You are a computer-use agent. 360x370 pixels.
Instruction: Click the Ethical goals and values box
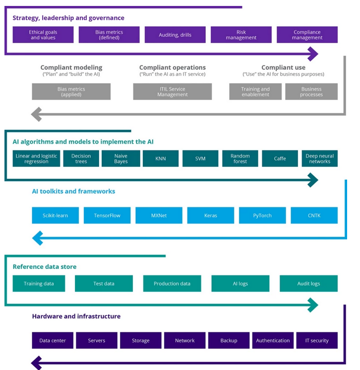(x=43, y=35)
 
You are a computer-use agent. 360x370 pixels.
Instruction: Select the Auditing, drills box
(x=175, y=35)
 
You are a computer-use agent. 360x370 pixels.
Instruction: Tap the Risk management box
(x=241, y=35)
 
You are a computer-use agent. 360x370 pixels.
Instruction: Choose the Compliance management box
(x=307, y=35)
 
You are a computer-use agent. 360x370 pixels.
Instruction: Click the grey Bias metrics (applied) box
(x=71, y=92)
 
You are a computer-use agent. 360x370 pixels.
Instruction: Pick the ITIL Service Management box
(x=172, y=92)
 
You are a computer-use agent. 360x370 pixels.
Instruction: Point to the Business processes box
(x=311, y=92)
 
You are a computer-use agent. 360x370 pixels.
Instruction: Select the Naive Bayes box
(x=120, y=159)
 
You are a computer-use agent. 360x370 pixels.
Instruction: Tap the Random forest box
(x=240, y=159)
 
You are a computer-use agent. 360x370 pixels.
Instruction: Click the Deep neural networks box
(x=319, y=159)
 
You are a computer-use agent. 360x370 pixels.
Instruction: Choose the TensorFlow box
(x=107, y=215)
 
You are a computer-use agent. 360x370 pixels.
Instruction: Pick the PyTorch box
(x=262, y=215)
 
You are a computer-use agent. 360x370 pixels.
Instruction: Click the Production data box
(x=172, y=283)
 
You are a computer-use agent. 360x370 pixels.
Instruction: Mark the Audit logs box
(x=308, y=283)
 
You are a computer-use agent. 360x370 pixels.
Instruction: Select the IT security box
(x=316, y=340)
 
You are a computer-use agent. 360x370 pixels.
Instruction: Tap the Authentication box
(x=273, y=340)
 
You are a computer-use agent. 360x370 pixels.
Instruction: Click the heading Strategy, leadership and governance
(x=68, y=18)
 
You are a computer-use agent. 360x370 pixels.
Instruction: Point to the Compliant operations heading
(x=172, y=67)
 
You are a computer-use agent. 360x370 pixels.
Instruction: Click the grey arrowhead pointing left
(x=36, y=114)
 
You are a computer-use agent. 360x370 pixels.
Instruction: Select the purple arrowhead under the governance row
(x=312, y=53)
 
